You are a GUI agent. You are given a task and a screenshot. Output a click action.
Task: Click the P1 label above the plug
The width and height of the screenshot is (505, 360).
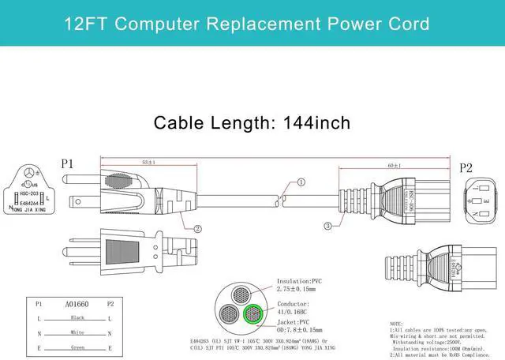(67, 164)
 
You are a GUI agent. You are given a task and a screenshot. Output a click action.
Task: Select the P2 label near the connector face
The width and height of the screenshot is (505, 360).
(466, 167)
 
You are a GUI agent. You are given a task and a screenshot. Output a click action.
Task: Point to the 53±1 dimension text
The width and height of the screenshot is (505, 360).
(148, 162)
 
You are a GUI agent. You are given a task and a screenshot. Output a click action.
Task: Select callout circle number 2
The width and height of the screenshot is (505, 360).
(197, 229)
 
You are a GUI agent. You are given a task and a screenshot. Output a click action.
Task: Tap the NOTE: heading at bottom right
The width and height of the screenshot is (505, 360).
(397, 324)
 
